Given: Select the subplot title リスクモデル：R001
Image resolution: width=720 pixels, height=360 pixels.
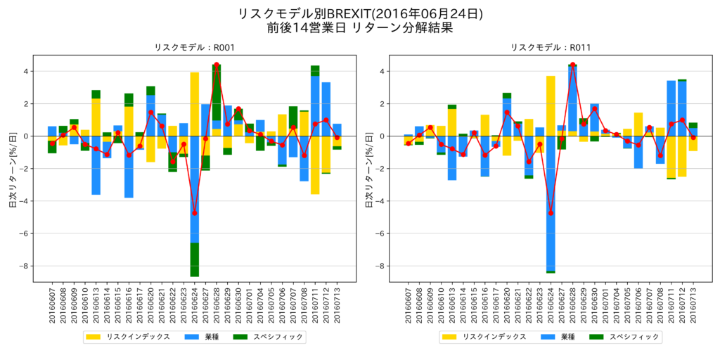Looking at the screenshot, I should click(195, 47).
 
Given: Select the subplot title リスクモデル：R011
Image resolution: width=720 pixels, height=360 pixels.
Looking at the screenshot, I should click(551, 47).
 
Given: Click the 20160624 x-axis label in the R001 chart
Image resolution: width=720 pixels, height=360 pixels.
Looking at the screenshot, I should click(195, 306).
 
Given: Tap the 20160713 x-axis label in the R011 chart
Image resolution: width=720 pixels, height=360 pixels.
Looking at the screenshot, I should click(693, 306).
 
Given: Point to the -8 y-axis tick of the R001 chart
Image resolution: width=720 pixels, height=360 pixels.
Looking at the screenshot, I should click(25, 266).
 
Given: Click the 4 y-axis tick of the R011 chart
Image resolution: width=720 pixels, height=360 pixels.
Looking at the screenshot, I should click(383, 71).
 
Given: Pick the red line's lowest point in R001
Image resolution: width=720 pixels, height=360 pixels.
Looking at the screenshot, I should click(195, 212).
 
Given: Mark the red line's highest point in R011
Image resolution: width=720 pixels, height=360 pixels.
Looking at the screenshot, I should click(573, 65).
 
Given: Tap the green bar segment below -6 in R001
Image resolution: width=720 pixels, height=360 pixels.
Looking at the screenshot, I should click(195, 259).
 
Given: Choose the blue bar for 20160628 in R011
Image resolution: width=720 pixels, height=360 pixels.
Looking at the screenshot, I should click(573, 98).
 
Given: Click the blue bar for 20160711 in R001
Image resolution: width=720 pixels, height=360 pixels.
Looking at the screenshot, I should click(315, 105).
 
